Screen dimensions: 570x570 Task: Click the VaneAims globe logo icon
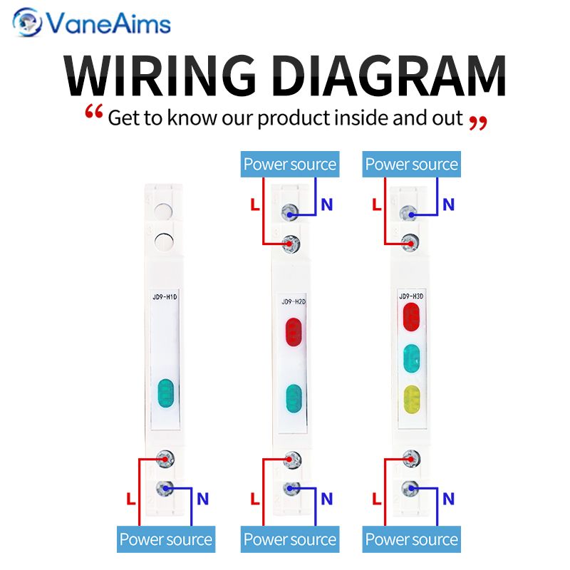coord(27,22)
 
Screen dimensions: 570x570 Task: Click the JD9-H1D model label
coord(165,297)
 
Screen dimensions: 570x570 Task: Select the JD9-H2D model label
coord(294,301)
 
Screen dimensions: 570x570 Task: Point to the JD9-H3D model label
coord(411,296)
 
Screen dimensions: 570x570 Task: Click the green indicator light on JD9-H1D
coord(166,393)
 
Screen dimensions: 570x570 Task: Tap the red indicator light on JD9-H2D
coord(294,332)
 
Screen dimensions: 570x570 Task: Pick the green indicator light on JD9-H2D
coord(294,398)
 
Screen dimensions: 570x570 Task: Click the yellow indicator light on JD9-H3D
coord(412,400)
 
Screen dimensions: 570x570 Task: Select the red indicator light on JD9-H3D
coord(412,317)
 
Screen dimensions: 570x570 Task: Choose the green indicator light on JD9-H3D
coord(412,358)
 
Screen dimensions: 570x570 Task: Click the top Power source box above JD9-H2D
coord(290,165)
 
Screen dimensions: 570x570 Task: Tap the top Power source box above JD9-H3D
coord(412,165)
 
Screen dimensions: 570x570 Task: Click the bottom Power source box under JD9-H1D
coord(166,539)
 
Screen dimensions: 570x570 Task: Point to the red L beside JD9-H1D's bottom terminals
coord(131,499)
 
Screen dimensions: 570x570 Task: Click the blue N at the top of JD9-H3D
coord(449,204)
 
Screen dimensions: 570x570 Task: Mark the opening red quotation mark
coord(94,111)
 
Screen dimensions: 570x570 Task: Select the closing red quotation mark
coord(478,123)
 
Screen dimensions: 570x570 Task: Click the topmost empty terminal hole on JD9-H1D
coord(163,211)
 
